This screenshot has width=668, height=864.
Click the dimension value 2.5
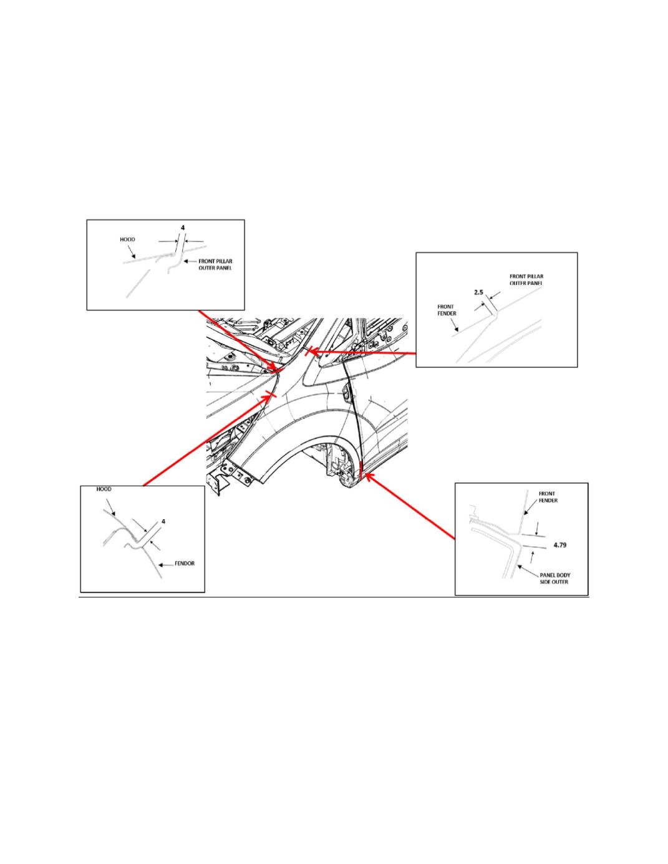(478, 292)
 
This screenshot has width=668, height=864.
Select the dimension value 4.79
(559, 545)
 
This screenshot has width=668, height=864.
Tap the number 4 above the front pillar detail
(183, 228)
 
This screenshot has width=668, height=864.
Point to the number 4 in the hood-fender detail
(163, 521)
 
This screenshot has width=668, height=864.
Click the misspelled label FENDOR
(185, 564)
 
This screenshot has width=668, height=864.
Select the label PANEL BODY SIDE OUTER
(554, 578)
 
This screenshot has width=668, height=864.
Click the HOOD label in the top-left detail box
(127, 239)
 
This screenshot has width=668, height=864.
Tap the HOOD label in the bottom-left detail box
(104, 489)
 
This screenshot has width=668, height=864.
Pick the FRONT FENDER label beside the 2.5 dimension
(447, 310)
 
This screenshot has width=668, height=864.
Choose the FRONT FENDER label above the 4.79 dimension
(548, 497)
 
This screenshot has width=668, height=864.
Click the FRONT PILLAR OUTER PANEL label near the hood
(215, 265)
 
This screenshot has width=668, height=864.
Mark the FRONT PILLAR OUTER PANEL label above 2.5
(526, 279)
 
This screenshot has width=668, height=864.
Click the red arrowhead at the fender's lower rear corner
(367, 478)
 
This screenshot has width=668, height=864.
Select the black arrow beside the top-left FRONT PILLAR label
(189, 262)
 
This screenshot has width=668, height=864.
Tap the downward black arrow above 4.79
(537, 528)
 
